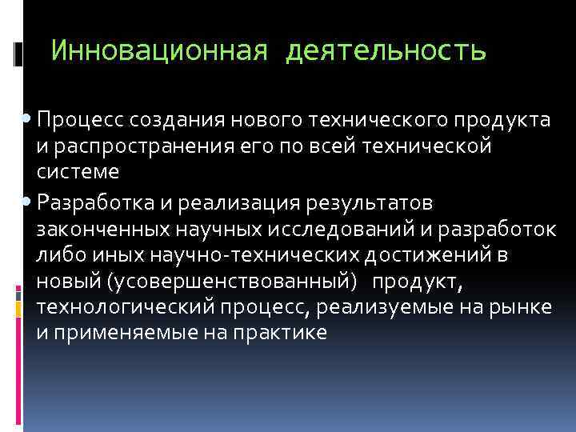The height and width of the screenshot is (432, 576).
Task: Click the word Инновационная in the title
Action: click(158, 51)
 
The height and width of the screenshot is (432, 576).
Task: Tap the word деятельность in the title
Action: click(386, 51)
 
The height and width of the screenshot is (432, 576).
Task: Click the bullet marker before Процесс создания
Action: click(29, 120)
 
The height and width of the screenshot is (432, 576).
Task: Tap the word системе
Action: click(78, 172)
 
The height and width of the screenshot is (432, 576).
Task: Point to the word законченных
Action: click(102, 230)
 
